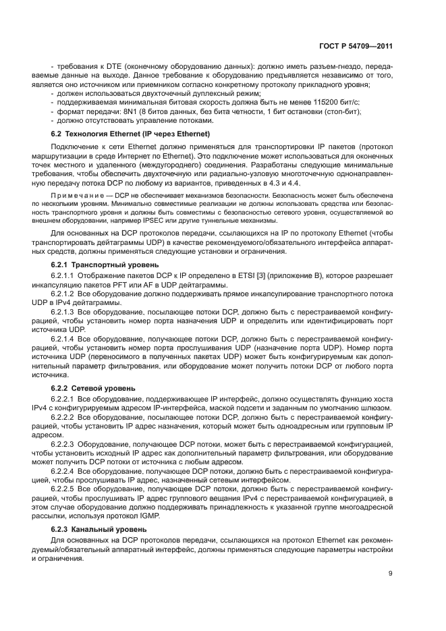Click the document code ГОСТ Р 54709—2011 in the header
(356, 47)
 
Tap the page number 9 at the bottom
(391, 574)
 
